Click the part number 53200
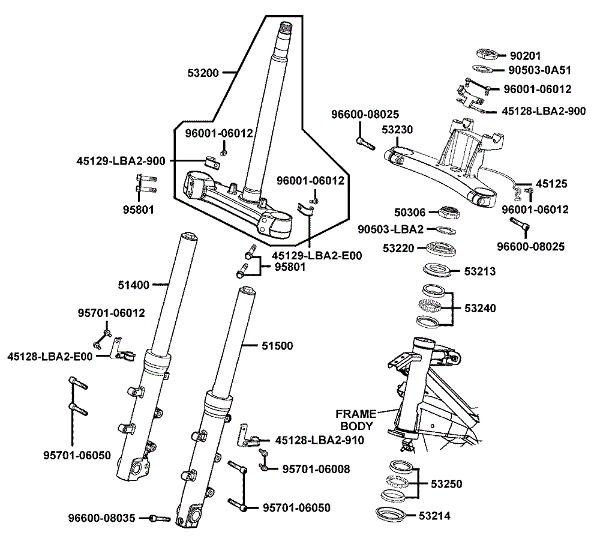204,73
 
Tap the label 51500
277,346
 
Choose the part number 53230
397,129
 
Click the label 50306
410,212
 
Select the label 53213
480,271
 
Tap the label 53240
480,308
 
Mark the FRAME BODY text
356,420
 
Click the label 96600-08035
102,518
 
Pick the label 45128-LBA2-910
320,440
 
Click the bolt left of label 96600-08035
160,518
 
